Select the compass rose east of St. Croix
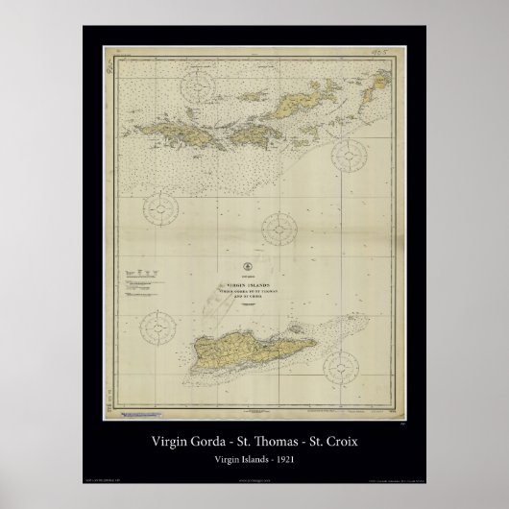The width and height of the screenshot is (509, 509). click(x=345, y=365)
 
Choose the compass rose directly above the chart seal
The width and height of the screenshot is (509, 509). click(x=279, y=229)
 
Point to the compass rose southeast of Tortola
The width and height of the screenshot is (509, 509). click(x=348, y=156)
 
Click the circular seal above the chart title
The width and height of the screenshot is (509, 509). click(x=248, y=266)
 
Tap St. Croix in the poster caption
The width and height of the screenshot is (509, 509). click(x=337, y=444)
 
